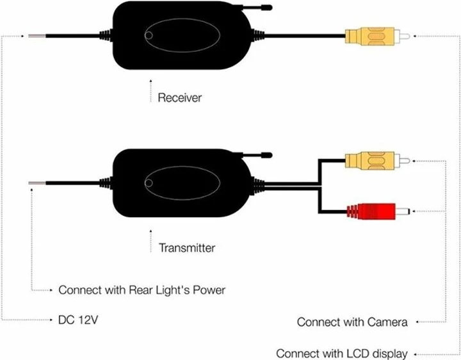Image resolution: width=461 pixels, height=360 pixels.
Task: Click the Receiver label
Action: tap(180, 98)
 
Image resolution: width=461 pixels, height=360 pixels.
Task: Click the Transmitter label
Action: tap(187, 247)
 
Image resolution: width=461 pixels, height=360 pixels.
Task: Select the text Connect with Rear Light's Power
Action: tap(142, 290)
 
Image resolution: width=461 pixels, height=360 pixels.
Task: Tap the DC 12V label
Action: tap(77, 318)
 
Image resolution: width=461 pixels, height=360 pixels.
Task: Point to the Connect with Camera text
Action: tap(352, 322)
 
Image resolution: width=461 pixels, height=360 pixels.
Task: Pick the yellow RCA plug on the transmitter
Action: tap(373, 161)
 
